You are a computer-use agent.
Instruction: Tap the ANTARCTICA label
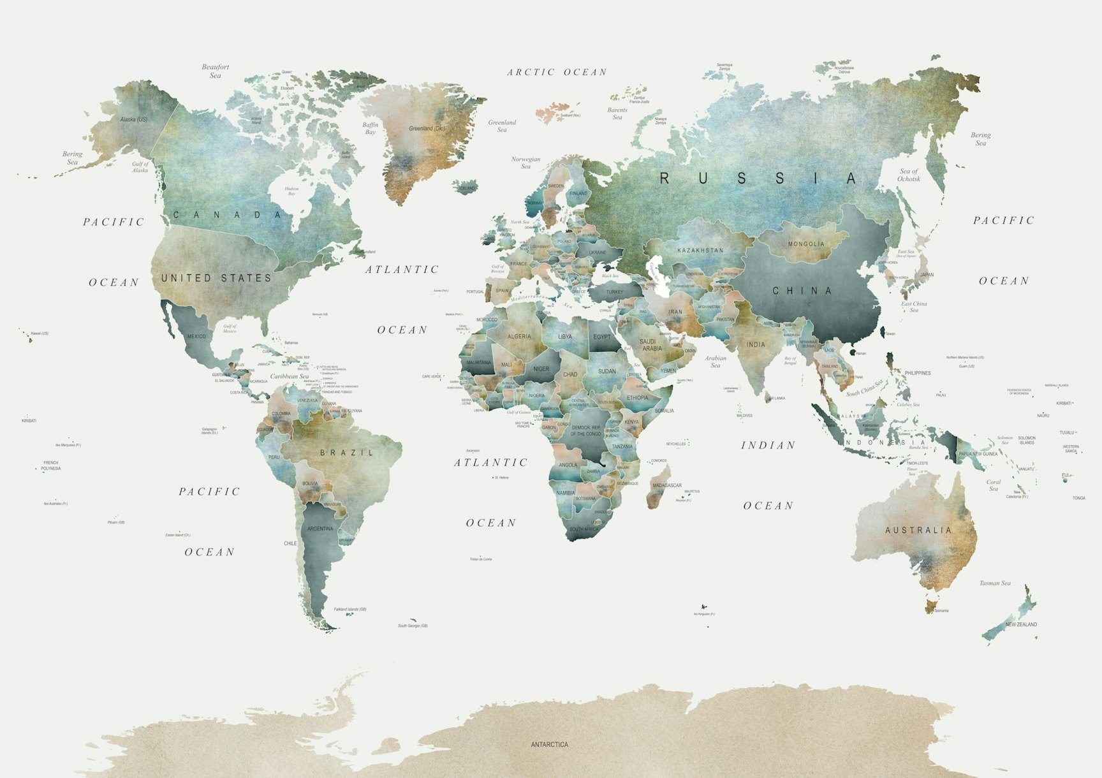point(549,744)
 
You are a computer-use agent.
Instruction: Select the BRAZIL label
point(346,453)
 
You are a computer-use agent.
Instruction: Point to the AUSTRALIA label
point(918,530)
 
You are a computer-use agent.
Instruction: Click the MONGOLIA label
point(806,244)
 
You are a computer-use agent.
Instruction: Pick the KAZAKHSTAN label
point(700,251)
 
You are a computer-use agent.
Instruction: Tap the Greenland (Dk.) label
point(427,128)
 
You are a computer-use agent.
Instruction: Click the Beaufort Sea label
point(216,71)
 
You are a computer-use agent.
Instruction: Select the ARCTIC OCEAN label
point(557,73)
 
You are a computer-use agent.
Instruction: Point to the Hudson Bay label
point(291,191)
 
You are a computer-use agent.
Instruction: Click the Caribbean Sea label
point(289,376)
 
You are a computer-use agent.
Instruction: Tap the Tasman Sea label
point(995,583)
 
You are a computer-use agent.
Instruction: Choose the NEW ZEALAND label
point(1021,624)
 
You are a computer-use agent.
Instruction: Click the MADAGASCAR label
point(667,485)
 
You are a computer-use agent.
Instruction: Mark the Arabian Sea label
point(716,362)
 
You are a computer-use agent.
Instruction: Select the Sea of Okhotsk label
point(909,175)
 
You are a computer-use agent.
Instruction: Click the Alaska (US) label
point(133,119)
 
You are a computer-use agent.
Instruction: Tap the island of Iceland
point(465,187)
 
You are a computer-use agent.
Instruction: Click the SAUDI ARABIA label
point(652,345)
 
